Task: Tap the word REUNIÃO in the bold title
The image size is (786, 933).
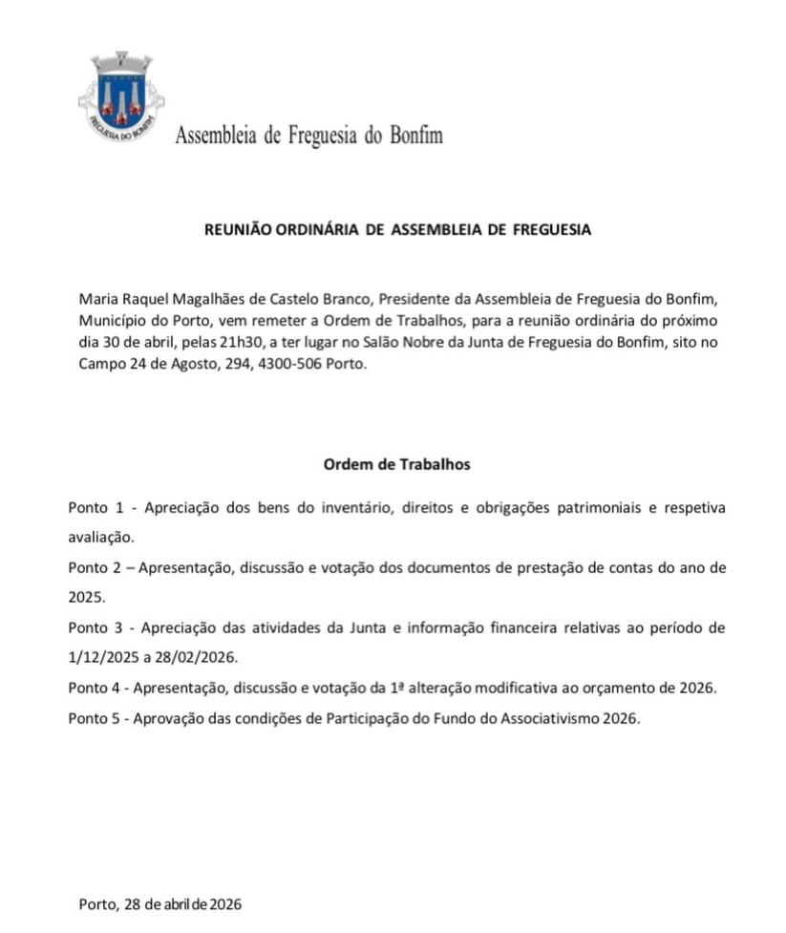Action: tap(239, 230)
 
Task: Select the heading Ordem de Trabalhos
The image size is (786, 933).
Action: tap(397, 465)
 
